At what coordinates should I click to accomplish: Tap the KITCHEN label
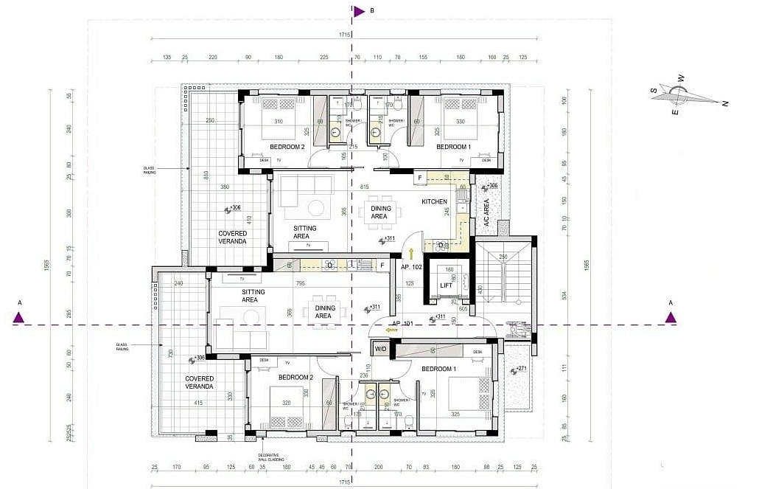coord(434,201)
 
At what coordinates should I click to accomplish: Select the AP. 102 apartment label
coord(410,268)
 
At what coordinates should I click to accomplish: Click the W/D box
coord(381,348)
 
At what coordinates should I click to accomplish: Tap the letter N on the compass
coord(725,104)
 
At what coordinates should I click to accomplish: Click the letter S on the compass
coord(653,91)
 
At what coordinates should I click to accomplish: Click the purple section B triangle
coord(359,11)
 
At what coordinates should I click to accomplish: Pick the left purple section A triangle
coord(19,318)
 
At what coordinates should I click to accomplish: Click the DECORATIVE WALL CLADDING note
coord(269,457)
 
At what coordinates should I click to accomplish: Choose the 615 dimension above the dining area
coord(363,187)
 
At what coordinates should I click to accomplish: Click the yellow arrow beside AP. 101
coord(392,330)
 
